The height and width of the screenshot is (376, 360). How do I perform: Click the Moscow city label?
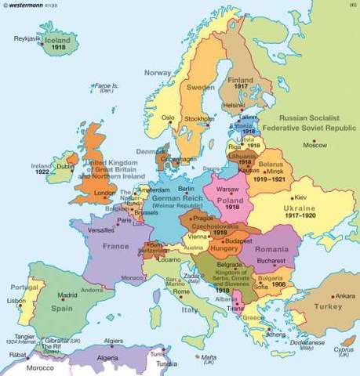(314, 146)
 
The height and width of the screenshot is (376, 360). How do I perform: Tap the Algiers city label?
(115, 342)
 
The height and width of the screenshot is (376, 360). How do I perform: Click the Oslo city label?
(167, 118)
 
